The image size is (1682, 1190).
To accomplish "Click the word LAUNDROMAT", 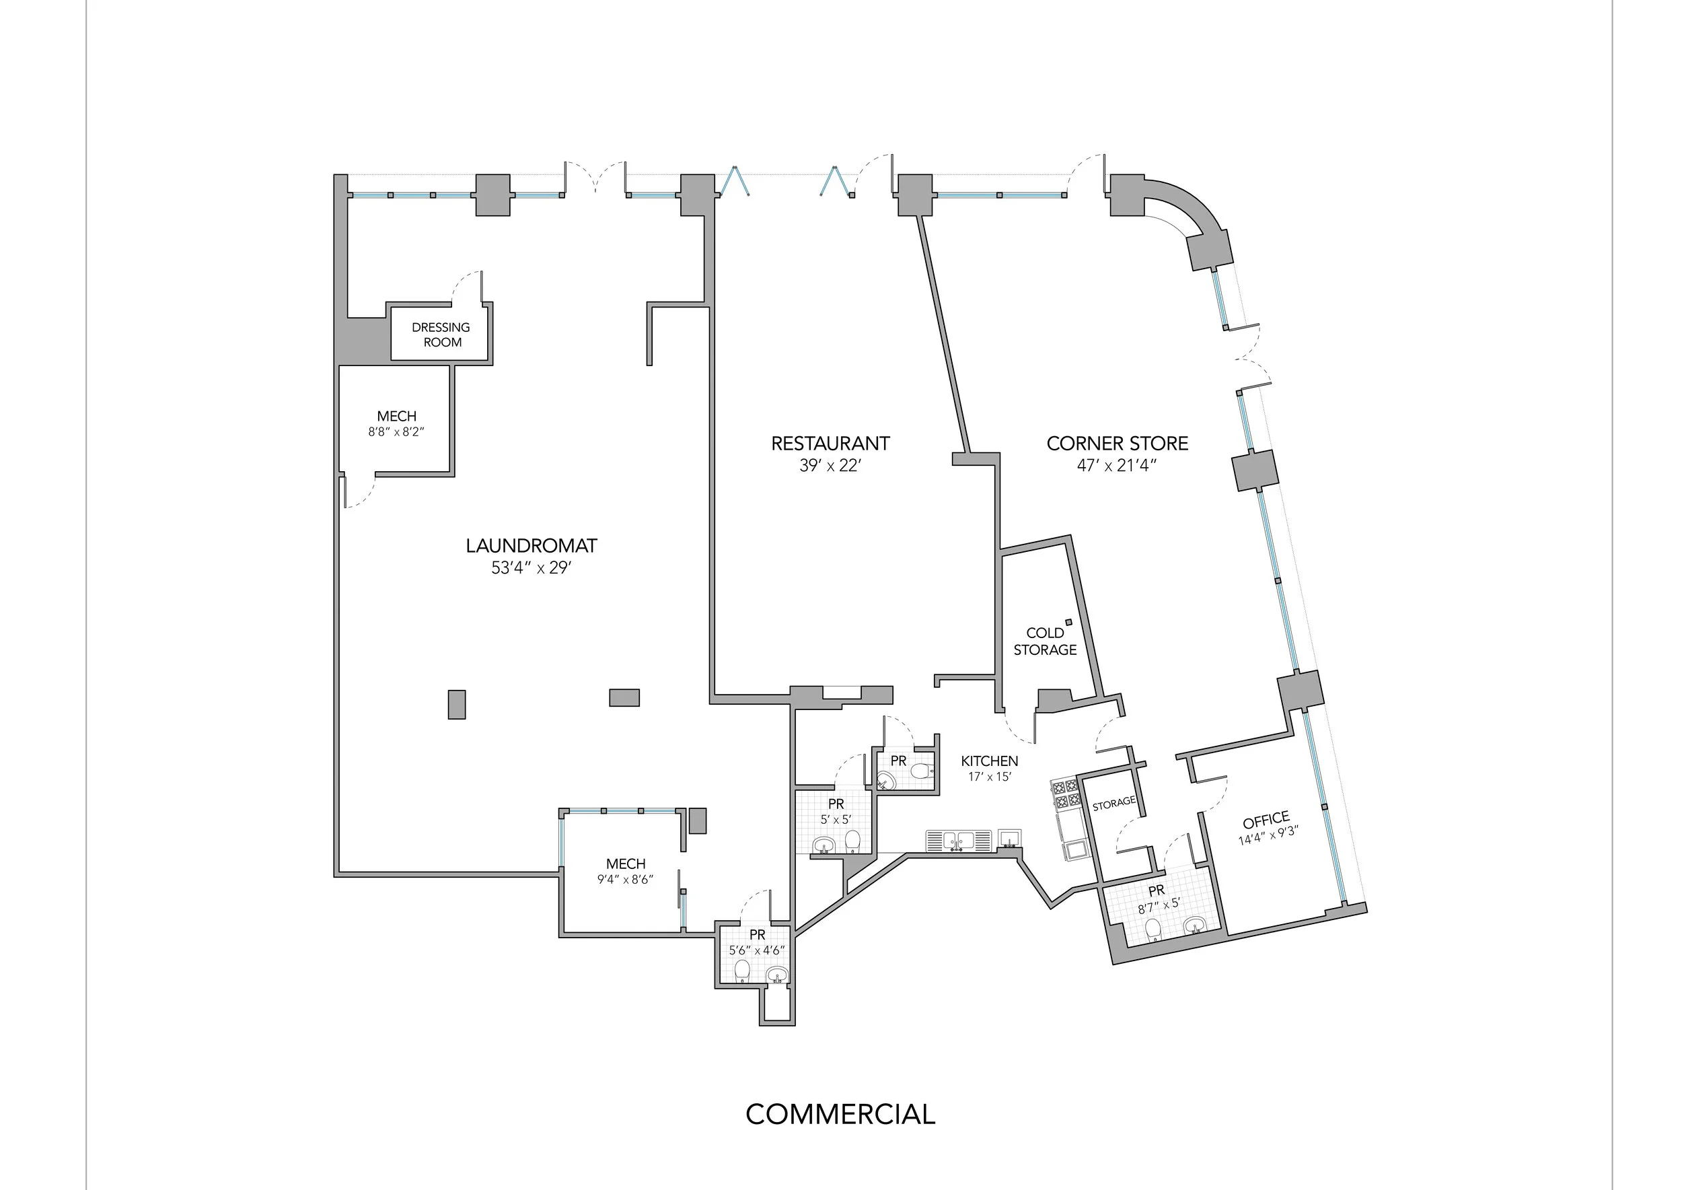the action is (x=531, y=546).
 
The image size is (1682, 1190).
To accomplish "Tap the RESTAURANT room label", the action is (x=830, y=444).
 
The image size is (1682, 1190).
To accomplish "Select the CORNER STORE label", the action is (x=1117, y=444).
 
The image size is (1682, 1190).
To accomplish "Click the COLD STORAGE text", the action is (x=1046, y=641).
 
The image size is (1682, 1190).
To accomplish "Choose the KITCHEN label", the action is (x=989, y=761).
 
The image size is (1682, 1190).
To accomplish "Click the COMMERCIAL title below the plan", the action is (x=840, y=1115).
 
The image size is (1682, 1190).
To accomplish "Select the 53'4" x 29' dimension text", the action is (x=531, y=568).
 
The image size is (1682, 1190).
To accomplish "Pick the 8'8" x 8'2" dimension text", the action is (x=396, y=432).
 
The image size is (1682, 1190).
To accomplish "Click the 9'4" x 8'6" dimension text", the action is (x=625, y=879).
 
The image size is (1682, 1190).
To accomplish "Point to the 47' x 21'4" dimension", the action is (x=1117, y=465).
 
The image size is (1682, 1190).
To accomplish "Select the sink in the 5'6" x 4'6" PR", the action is (x=776, y=975).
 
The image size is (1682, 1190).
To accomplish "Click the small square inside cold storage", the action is (x=1069, y=622).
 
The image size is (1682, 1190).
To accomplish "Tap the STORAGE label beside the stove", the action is (x=1113, y=804).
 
